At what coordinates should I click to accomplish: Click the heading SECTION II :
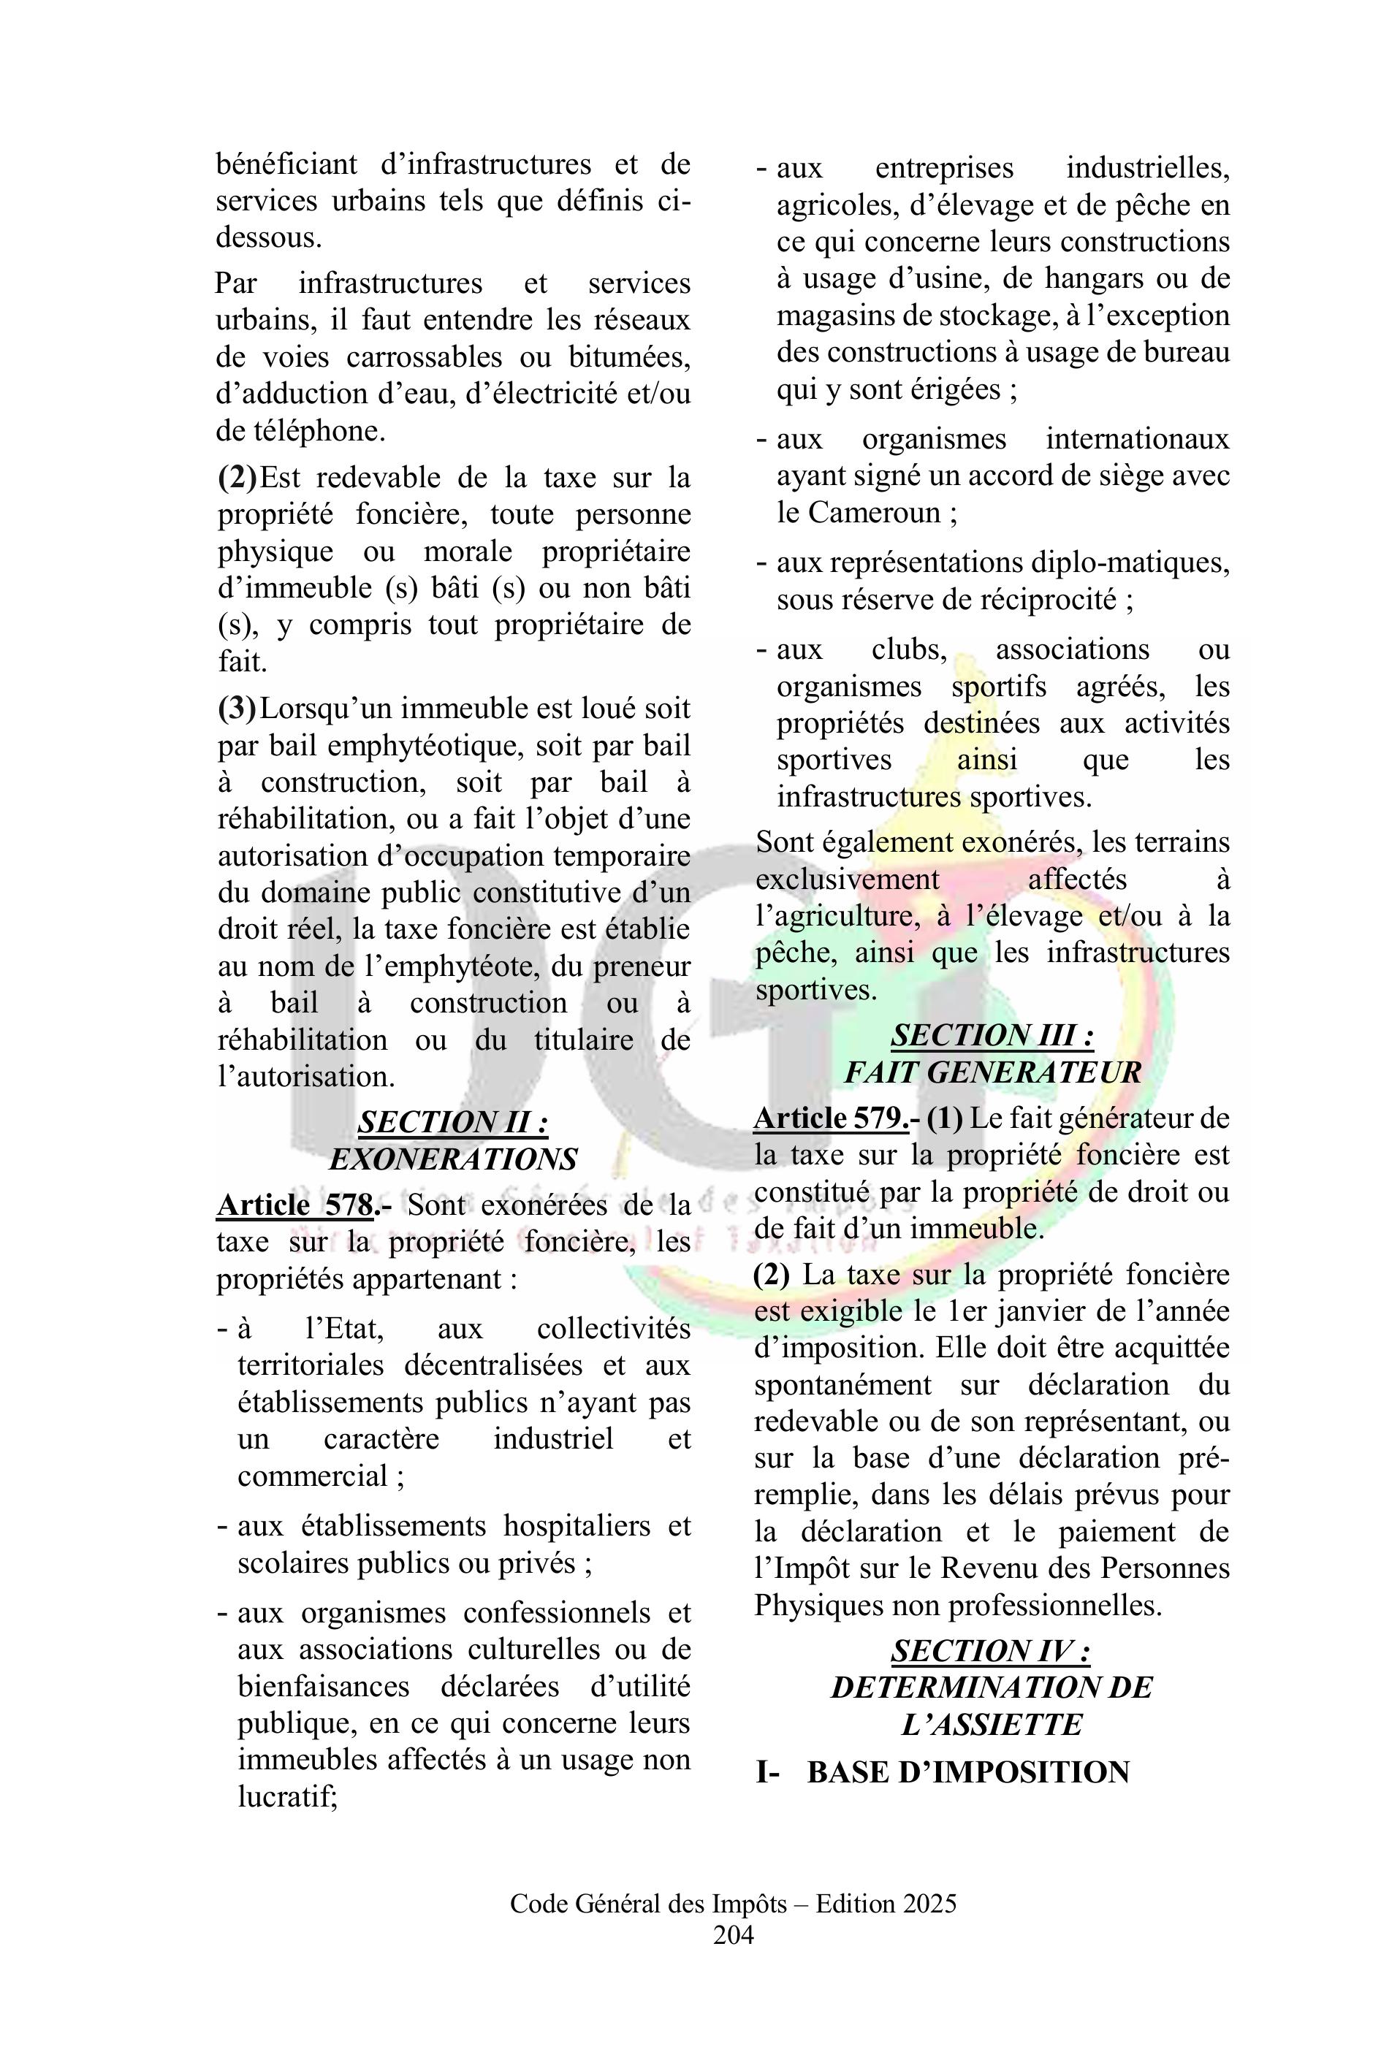453,1123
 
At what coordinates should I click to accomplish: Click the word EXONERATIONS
453,1159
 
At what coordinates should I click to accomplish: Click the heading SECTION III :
992,1036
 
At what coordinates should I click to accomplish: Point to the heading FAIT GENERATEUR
992,1072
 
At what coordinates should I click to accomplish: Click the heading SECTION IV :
991,1651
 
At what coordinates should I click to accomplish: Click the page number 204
733,1934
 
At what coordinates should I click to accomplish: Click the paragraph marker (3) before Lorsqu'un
237,709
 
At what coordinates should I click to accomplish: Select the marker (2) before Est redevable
237,478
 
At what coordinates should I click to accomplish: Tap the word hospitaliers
577,1526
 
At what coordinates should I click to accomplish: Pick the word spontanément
842,1385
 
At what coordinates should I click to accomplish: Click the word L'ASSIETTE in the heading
991,1725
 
